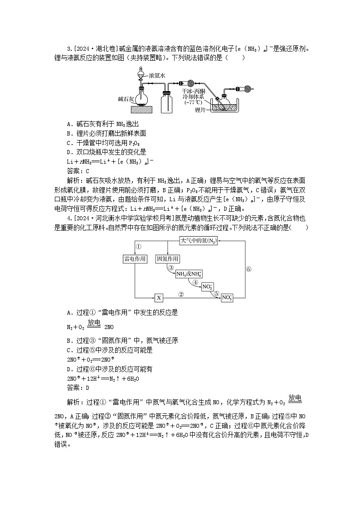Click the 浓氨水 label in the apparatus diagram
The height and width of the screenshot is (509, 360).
pos(158,76)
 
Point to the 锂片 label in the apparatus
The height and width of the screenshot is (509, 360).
pos(200,110)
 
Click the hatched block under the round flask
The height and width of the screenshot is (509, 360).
pos(142,109)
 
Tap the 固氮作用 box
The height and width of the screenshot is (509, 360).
pos(168,259)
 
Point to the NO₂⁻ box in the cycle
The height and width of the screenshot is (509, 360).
pos(208,286)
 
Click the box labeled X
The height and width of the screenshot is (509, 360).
pos(159,298)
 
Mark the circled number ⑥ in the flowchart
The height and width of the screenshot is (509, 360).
pos(248,269)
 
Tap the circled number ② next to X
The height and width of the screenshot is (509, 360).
pos(181,294)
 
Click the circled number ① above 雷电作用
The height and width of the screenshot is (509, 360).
pos(139,247)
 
